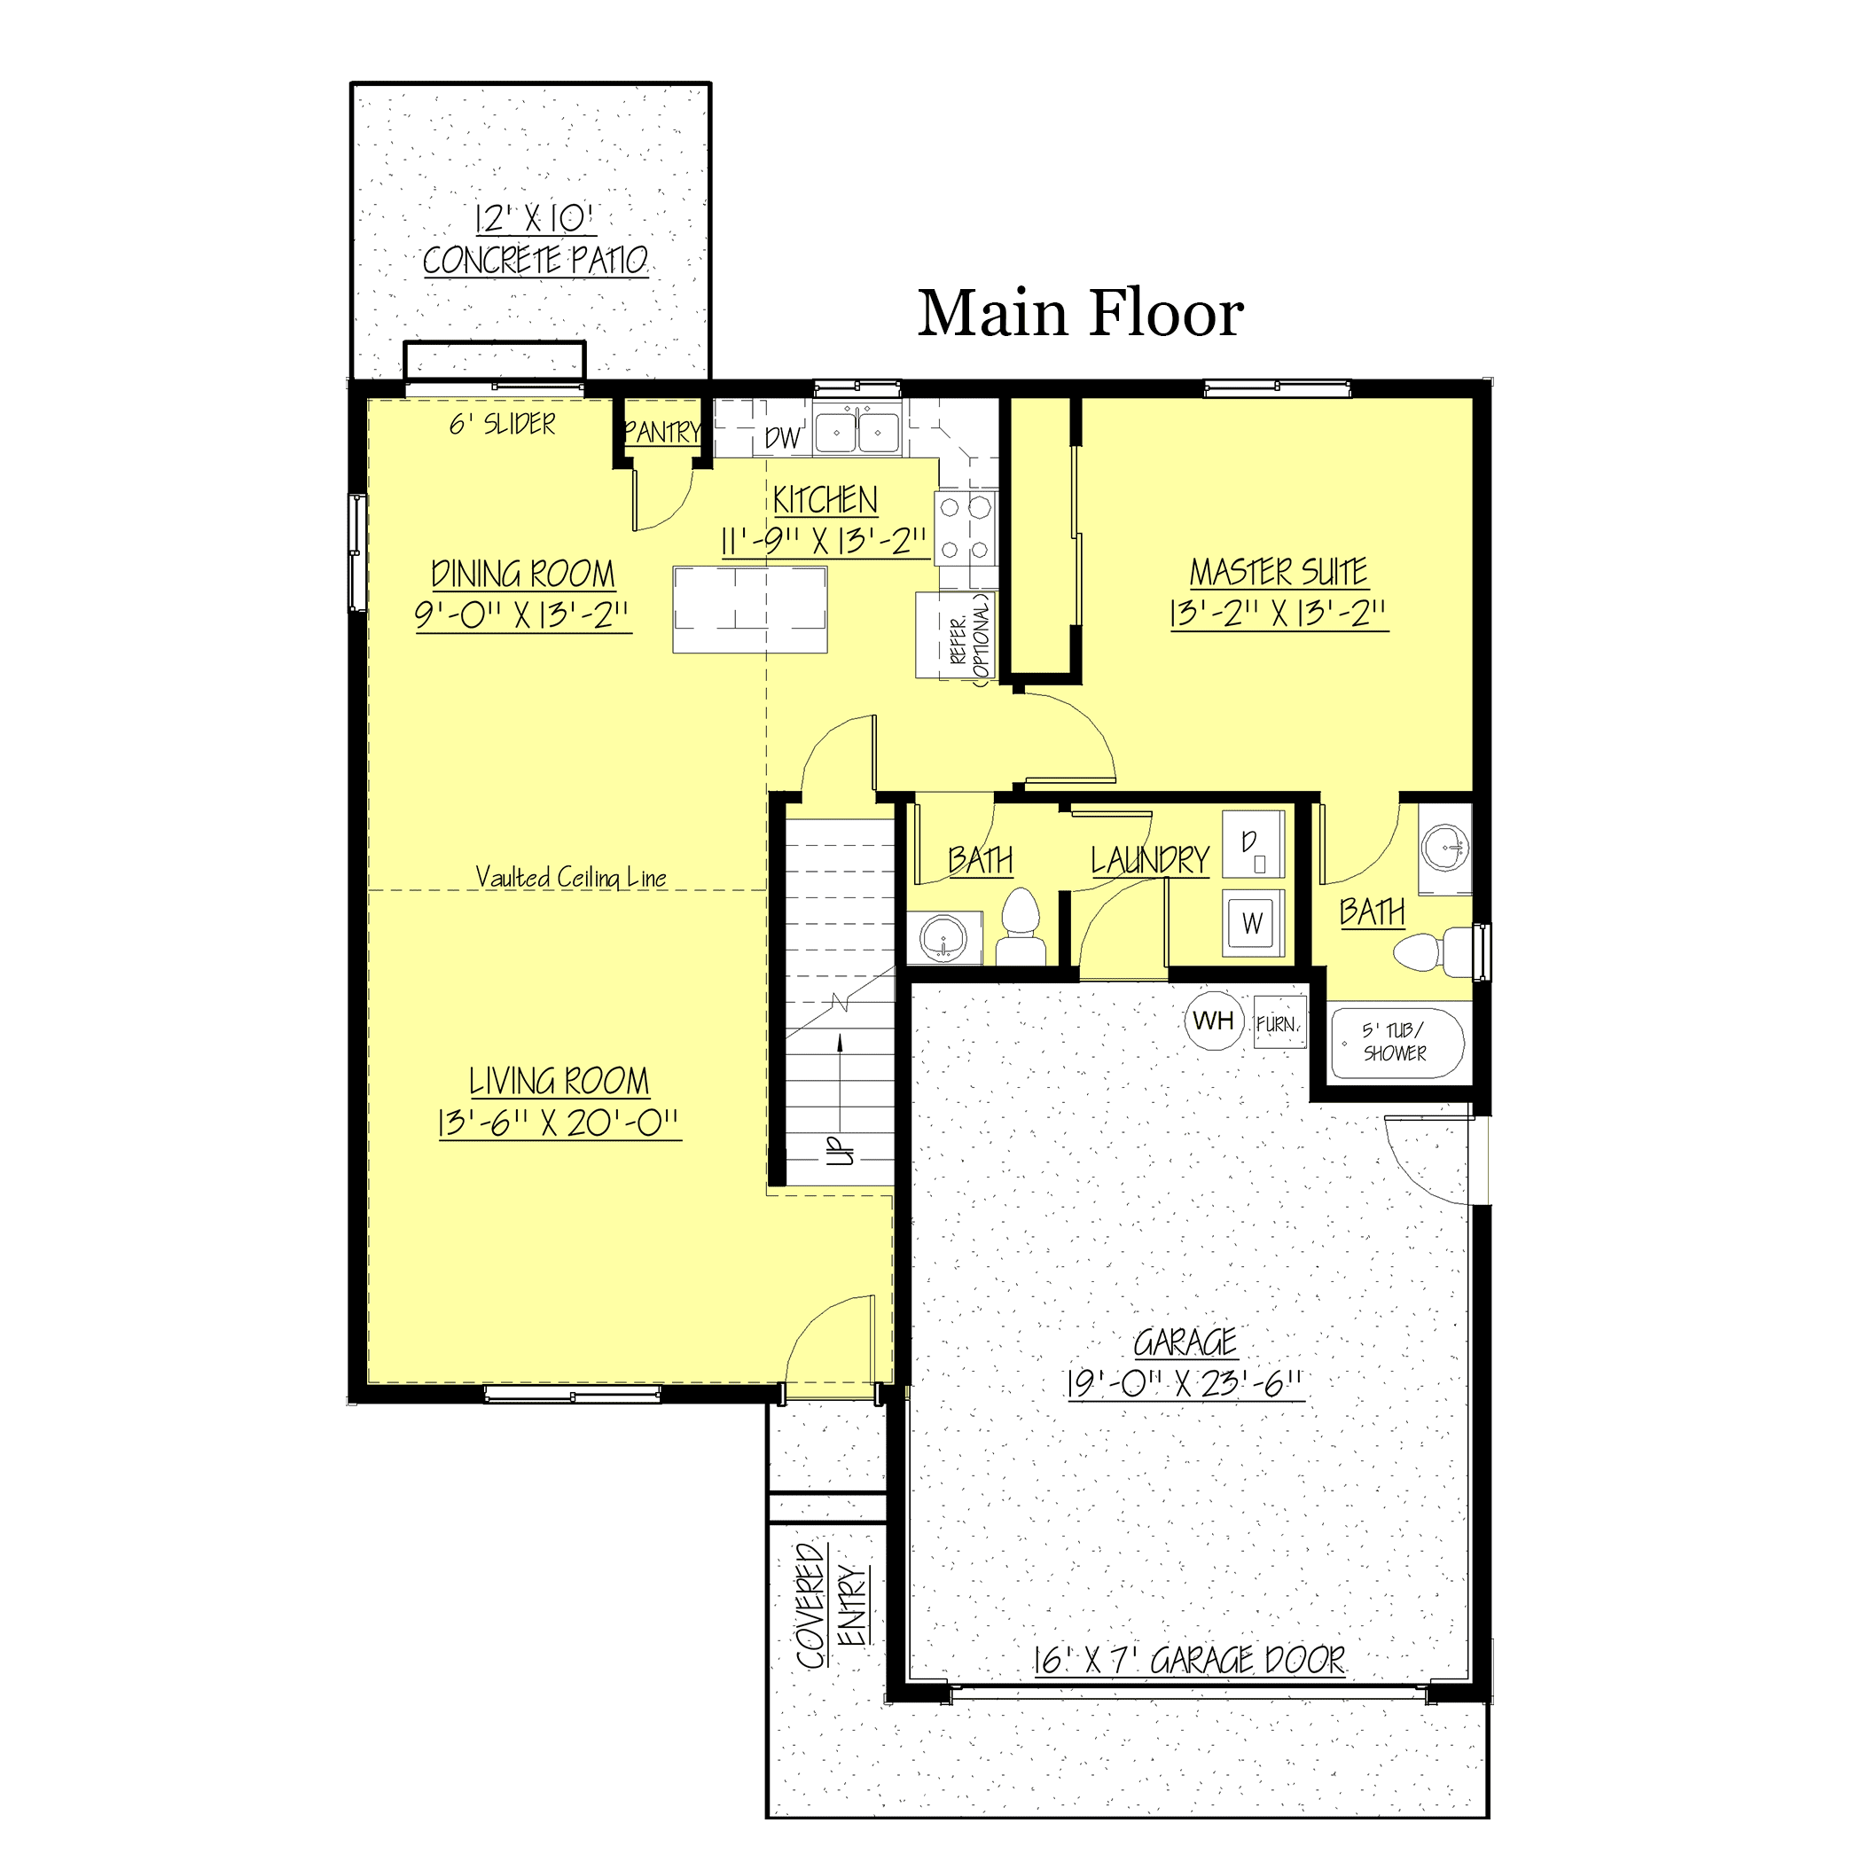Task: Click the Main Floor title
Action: point(1079,313)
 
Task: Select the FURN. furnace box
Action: point(1279,1023)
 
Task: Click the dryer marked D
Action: point(1253,844)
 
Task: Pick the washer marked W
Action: point(1253,922)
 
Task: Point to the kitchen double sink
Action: point(857,431)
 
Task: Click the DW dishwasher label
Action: point(782,439)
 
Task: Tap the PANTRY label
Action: point(663,432)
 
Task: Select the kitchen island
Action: point(750,610)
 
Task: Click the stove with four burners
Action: point(965,528)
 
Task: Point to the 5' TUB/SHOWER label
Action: point(1395,1041)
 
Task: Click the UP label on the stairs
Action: point(841,1150)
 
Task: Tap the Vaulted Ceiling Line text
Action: point(570,877)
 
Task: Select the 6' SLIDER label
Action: point(502,424)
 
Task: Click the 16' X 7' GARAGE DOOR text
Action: point(1189,1660)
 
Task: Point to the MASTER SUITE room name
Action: point(1278,572)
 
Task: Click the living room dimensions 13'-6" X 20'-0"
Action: point(559,1123)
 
